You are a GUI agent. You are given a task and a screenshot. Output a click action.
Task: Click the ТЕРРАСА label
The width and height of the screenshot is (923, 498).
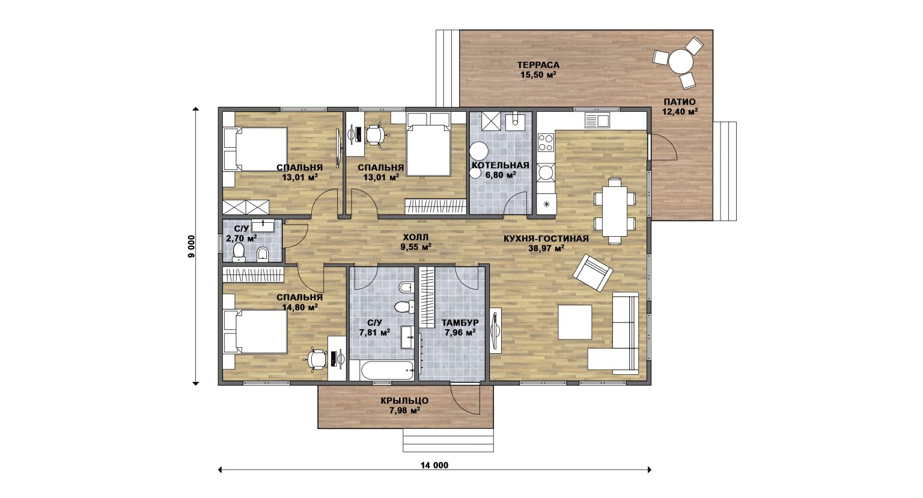point(538,65)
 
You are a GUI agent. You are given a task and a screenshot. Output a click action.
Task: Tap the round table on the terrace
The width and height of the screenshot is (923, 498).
point(681,61)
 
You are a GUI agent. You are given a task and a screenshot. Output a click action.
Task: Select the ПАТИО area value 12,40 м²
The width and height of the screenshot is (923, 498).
point(680,111)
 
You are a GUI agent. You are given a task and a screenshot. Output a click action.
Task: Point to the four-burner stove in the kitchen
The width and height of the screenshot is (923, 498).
point(546,143)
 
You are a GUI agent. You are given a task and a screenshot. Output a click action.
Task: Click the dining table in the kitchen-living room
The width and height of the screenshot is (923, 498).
point(614,211)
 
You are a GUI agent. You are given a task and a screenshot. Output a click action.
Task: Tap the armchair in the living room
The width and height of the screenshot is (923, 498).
point(592,273)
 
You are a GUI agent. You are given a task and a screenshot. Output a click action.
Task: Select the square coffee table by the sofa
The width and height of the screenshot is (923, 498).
point(575,322)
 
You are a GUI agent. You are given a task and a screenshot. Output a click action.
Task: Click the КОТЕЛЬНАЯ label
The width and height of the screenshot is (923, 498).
point(500,166)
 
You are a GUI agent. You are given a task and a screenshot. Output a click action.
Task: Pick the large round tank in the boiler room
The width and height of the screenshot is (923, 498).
point(479,151)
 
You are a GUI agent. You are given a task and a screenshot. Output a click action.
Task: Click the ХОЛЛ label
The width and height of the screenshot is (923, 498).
point(415,237)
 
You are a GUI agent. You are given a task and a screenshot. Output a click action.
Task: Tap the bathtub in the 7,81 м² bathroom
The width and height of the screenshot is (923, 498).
point(387,371)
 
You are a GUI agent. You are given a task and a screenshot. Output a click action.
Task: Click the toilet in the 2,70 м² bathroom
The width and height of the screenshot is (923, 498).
point(239,252)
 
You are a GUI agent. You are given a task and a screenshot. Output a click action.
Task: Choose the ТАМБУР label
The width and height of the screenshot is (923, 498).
point(460,323)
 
